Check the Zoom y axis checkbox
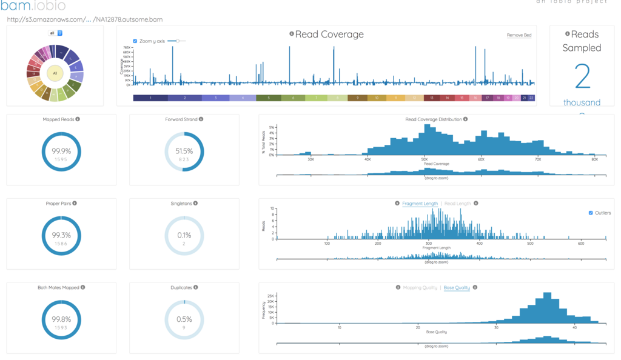pos(135,41)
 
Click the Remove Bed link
pos(519,35)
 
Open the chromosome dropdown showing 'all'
pos(56,33)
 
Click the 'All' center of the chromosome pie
pos(55,73)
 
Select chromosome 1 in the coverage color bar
pos(150,98)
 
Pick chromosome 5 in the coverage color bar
pos(268,98)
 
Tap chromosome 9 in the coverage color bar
pos(357,98)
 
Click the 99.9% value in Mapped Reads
pos(61,151)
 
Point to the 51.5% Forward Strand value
pos(184,151)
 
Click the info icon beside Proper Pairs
pos(75,204)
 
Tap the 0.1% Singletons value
pos(184,235)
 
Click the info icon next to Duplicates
pos(196,287)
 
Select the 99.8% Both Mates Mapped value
pos(61,319)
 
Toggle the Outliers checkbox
pos(591,213)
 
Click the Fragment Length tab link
pos(420,204)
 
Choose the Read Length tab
pos(457,204)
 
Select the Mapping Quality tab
pos(420,287)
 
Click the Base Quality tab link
pos(457,287)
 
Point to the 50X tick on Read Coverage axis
pos(424,159)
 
